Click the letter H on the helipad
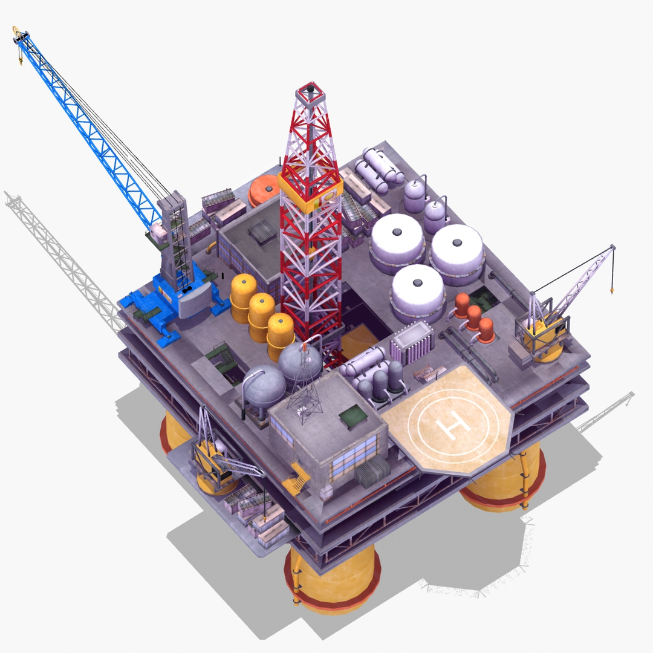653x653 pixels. click(x=450, y=424)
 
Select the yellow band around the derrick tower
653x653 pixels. click(x=311, y=192)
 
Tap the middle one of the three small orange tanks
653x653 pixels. click(x=473, y=318)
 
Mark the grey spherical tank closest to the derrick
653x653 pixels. click(x=299, y=363)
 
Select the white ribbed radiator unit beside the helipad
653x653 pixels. click(x=412, y=342)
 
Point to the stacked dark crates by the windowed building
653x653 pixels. click(x=370, y=472)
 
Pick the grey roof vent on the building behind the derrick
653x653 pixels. click(x=261, y=231)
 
